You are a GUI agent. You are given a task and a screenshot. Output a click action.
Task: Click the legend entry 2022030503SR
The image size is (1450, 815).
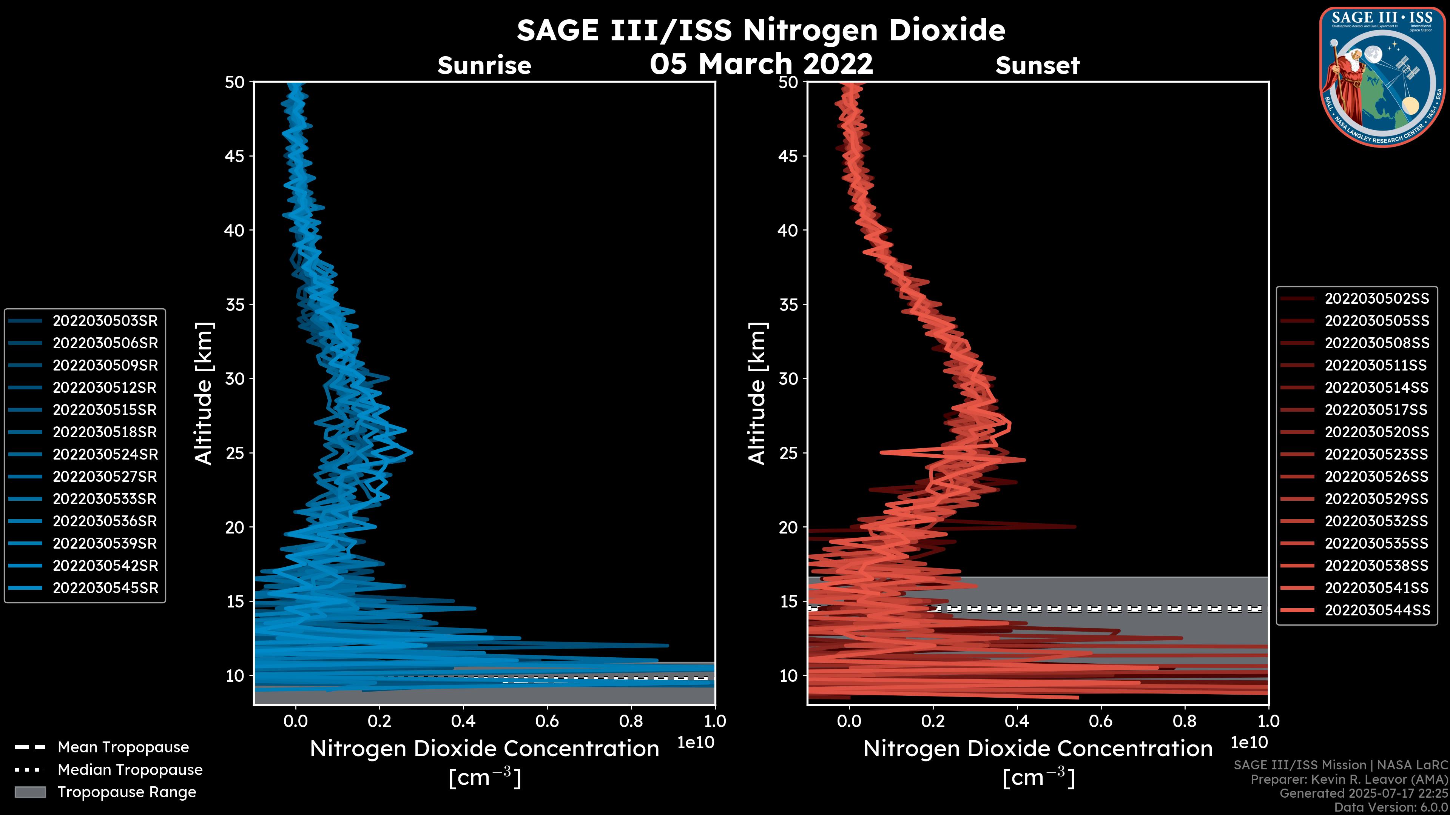pos(105,321)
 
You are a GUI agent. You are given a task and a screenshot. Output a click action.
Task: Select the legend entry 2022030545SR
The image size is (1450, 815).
pos(105,588)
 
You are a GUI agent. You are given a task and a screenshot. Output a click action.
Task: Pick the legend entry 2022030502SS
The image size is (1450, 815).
pos(1376,299)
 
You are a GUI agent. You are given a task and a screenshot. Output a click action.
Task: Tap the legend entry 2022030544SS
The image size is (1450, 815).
pos(1376,610)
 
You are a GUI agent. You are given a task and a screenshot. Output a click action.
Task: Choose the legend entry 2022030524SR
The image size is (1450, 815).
pos(105,454)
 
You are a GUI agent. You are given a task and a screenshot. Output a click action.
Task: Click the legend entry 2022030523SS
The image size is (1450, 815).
pos(1376,454)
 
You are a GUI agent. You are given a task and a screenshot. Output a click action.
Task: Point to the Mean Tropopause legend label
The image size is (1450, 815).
pos(123,747)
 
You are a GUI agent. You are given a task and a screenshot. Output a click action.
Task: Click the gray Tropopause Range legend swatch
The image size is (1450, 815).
pos(30,792)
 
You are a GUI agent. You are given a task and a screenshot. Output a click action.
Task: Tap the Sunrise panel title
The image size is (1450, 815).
pos(484,66)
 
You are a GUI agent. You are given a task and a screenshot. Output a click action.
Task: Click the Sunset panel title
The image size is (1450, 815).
pos(1037,66)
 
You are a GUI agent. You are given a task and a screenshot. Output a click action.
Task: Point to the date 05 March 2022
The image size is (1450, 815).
pos(761,63)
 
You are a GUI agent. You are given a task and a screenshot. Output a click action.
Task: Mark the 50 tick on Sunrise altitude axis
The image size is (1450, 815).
pos(235,82)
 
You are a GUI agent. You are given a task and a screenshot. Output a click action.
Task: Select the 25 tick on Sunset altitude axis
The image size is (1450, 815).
pos(788,453)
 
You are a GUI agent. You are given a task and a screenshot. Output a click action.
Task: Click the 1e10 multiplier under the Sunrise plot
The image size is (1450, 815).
pos(696,743)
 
